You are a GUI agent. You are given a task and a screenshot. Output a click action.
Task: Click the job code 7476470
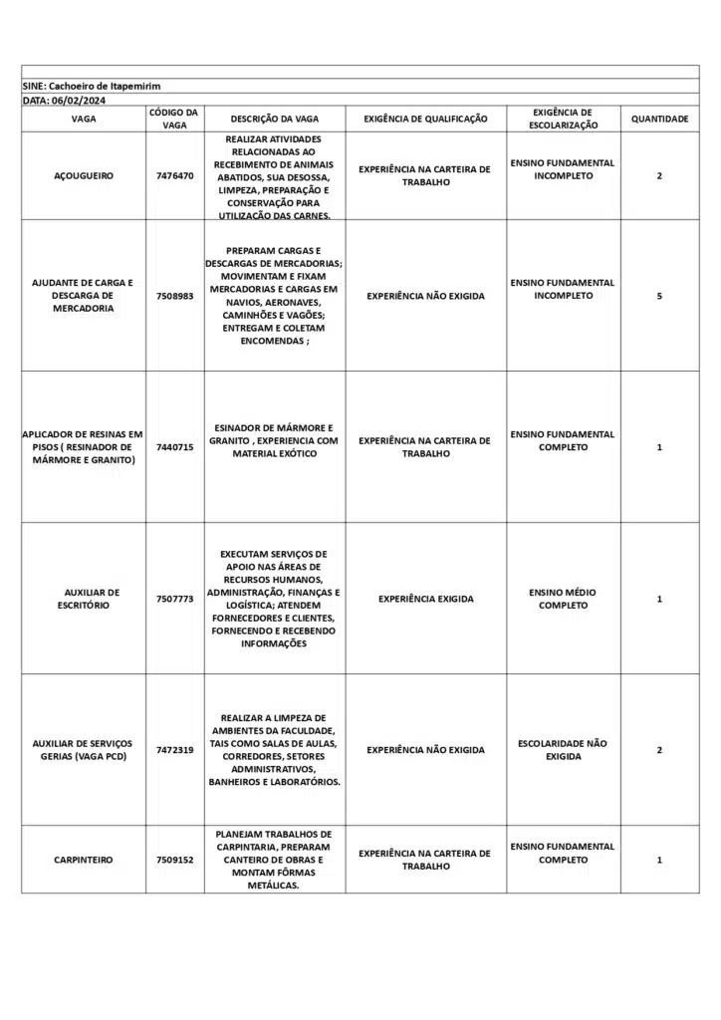[x=175, y=176]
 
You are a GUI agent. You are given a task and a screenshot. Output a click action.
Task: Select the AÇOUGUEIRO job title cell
[x=84, y=176]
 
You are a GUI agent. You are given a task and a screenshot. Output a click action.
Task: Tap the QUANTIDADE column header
[x=659, y=120]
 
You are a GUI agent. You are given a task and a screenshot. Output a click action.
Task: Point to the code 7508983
[x=175, y=296]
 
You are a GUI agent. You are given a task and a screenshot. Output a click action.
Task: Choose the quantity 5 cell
[x=659, y=296]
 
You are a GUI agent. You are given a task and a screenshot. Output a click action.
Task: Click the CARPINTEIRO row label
[x=84, y=860]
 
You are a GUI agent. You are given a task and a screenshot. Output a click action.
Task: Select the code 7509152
[x=175, y=860]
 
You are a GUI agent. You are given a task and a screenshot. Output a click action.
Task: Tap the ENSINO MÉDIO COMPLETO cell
[x=563, y=599]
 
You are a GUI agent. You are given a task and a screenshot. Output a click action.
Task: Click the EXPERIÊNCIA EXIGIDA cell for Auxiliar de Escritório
[x=425, y=599]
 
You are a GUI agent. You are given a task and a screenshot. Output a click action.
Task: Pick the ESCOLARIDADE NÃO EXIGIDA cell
[x=563, y=750]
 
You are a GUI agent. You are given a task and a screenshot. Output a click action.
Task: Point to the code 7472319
[x=175, y=750]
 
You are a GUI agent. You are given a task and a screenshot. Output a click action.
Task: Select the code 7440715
[x=175, y=447]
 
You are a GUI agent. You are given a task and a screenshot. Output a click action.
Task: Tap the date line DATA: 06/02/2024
[x=65, y=101]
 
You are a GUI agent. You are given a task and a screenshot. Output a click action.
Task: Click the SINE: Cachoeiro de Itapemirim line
[x=91, y=87]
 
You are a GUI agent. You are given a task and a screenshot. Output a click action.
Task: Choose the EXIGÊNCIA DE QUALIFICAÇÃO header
[x=425, y=120]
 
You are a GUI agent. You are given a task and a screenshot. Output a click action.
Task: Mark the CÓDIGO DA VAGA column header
[x=175, y=120]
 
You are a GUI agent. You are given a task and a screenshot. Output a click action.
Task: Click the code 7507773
[x=175, y=599]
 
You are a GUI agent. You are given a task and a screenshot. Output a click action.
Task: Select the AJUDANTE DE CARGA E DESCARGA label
[x=84, y=296]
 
